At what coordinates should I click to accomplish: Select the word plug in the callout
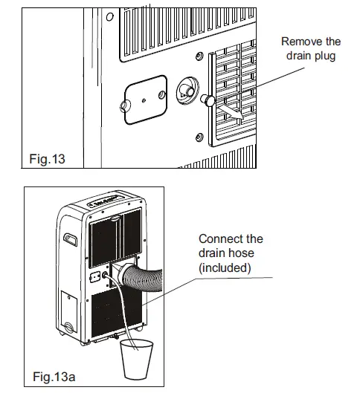(328, 56)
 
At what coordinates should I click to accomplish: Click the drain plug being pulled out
(210, 100)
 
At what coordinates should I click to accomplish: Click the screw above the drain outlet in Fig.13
(199, 57)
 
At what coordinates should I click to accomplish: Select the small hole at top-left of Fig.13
(109, 16)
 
